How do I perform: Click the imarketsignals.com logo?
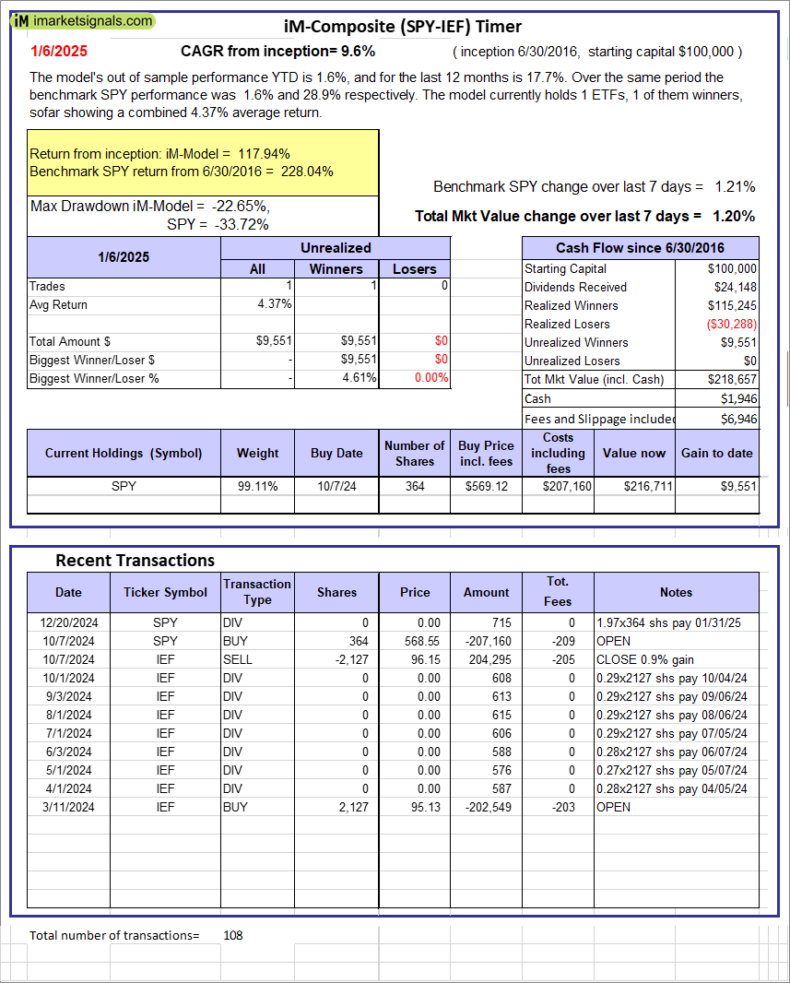[x=84, y=20]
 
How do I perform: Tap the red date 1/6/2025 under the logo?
[x=54, y=52]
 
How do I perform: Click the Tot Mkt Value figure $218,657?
[x=732, y=379]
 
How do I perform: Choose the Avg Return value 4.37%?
[x=274, y=304]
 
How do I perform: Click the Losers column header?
[x=414, y=268]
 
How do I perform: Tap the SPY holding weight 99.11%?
[x=257, y=485]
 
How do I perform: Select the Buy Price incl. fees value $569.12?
[x=486, y=485]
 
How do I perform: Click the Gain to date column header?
[x=716, y=453]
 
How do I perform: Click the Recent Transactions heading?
[x=135, y=561]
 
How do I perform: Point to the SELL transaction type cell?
[x=237, y=659]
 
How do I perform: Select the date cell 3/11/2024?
[x=67, y=807]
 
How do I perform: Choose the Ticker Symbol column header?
[x=165, y=592]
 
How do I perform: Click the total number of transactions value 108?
[x=233, y=935]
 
